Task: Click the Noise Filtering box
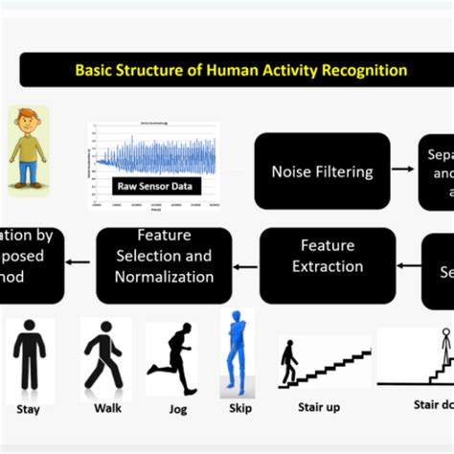[x=322, y=171]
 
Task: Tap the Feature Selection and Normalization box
[x=164, y=255]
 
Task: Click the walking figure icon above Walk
[x=103, y=354]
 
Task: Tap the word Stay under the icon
[x=29, y=408]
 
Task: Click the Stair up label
[x=320, y=407]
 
